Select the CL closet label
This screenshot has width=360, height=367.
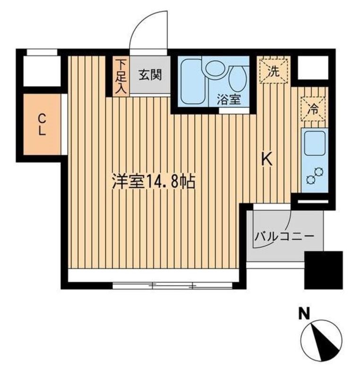(x=42, y=124)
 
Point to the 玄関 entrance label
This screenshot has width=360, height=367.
(x=150, y=75)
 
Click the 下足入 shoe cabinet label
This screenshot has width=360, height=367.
(x=121, y=76)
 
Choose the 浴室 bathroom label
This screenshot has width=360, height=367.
(x=229, y=100)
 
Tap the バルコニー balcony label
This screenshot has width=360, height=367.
(x=283, y=236)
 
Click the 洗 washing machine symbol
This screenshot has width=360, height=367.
(x=273, y=70)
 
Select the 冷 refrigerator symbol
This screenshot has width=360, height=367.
(x=312, y=107)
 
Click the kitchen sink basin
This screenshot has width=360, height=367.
(x=314, y=143)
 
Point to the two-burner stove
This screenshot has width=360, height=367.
(x=313, y=175)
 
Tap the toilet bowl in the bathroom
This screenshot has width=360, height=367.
(x=237, y=78)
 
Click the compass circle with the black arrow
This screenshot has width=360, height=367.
(x=321, y=339)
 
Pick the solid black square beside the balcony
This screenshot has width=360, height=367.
(x=323, y=270)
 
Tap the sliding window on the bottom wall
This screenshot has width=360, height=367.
(x=172, y=286)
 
